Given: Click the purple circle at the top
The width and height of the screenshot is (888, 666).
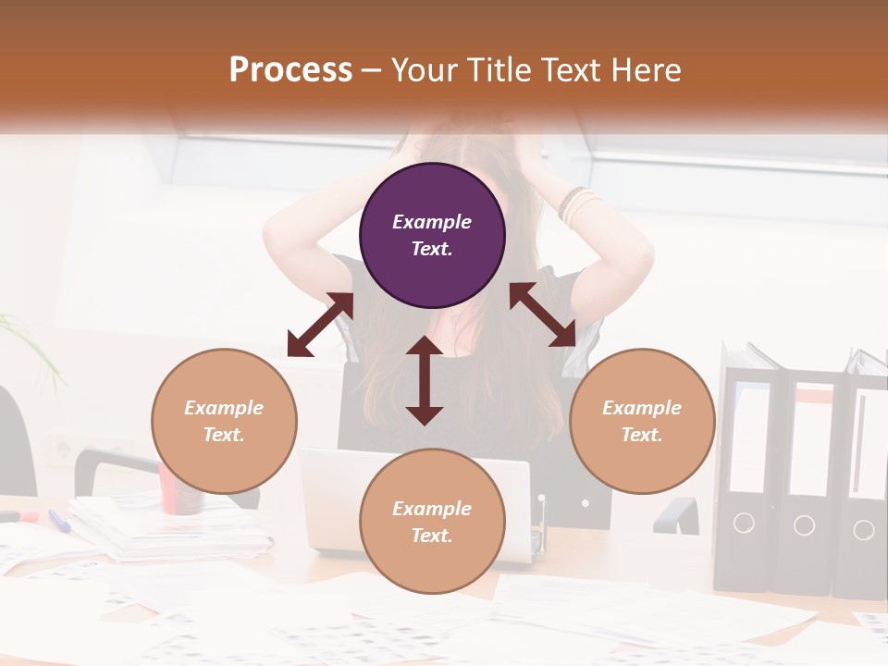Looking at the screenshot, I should click(432, 235).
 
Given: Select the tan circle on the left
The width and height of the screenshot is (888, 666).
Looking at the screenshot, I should click(224, 421).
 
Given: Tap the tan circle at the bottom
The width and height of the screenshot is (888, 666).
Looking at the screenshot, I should click(432, 522).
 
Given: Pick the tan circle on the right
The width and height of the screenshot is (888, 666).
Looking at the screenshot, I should click(642, 421).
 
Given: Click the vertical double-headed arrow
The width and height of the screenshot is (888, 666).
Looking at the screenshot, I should click(425, 380).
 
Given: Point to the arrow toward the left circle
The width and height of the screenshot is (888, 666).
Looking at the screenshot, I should click(320, 325).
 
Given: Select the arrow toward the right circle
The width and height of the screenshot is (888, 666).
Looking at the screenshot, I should click(542, 314).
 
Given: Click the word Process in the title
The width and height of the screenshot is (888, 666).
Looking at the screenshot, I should click(290, 69).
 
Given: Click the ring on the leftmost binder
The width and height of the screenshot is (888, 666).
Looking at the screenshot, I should click(744, 523).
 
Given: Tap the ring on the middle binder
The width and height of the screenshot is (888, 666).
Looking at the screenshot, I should click(804, 525).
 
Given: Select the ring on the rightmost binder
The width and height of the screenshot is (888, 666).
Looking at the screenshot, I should click(863, 529).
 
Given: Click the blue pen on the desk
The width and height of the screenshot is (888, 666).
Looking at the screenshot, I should click(59, 521).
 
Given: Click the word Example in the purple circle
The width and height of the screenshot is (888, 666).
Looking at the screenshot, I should click(432, 222).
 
